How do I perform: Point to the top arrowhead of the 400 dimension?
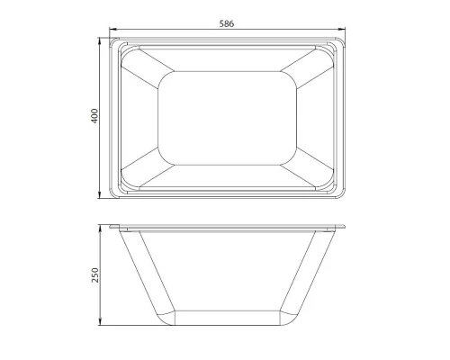pos(100,40)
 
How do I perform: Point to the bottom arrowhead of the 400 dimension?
pos(100,197)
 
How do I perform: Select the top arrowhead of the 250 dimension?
pos(100,227)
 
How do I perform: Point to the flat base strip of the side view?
pos(229,317)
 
